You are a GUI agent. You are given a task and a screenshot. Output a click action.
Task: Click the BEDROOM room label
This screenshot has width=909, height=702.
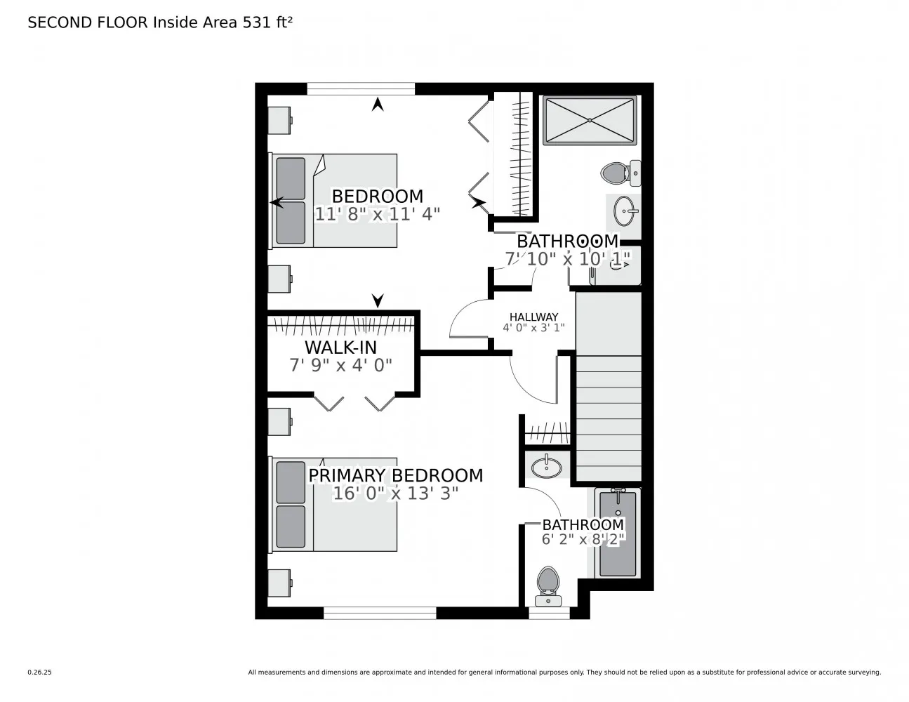coord(377,196)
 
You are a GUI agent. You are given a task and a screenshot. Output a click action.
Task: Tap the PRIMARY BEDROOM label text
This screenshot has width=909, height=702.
coord(396,475)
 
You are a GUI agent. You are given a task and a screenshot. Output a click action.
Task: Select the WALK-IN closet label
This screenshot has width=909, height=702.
coord(340,347)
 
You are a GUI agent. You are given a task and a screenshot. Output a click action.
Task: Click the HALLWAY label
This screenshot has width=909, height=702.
coord(533,317)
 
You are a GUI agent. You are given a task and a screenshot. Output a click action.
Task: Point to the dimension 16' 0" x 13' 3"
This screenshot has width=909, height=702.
coord(395,494)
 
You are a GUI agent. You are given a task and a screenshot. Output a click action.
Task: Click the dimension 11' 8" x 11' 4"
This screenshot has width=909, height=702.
coord(377,214)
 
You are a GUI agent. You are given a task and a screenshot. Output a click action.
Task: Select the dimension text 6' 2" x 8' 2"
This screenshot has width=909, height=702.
coord(583,539)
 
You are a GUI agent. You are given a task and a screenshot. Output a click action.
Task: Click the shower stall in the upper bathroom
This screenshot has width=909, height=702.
coord(590,121)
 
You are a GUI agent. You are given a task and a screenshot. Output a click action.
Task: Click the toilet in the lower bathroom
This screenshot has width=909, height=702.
coord(548,585)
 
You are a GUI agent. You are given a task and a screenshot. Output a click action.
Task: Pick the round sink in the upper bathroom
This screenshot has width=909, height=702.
coord(625,208)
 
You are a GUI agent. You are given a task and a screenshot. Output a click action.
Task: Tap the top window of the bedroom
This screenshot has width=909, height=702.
coord(361,89)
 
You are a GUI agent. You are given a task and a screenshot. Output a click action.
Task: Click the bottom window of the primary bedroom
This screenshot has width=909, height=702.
coord(380,613)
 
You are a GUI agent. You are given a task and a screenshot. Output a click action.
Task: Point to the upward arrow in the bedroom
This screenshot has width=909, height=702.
coord(378,105)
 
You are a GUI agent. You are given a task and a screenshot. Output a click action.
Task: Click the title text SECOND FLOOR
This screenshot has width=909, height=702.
coord(88,22)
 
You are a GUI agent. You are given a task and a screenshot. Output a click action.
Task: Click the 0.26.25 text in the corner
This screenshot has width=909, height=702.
coord(39,672)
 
